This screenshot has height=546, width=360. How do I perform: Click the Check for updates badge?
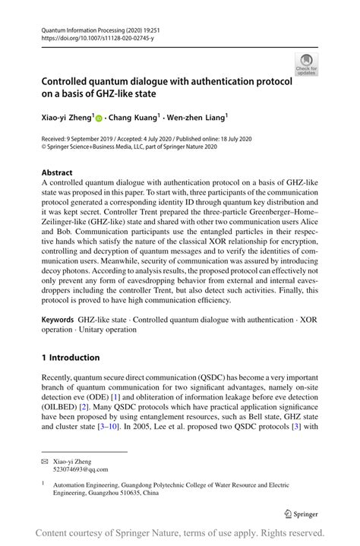[308, 65]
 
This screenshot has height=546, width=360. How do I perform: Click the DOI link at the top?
[93, 36]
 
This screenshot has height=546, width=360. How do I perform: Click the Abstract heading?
[58, 173]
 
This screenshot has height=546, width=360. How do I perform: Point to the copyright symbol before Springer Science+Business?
[44, 148]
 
